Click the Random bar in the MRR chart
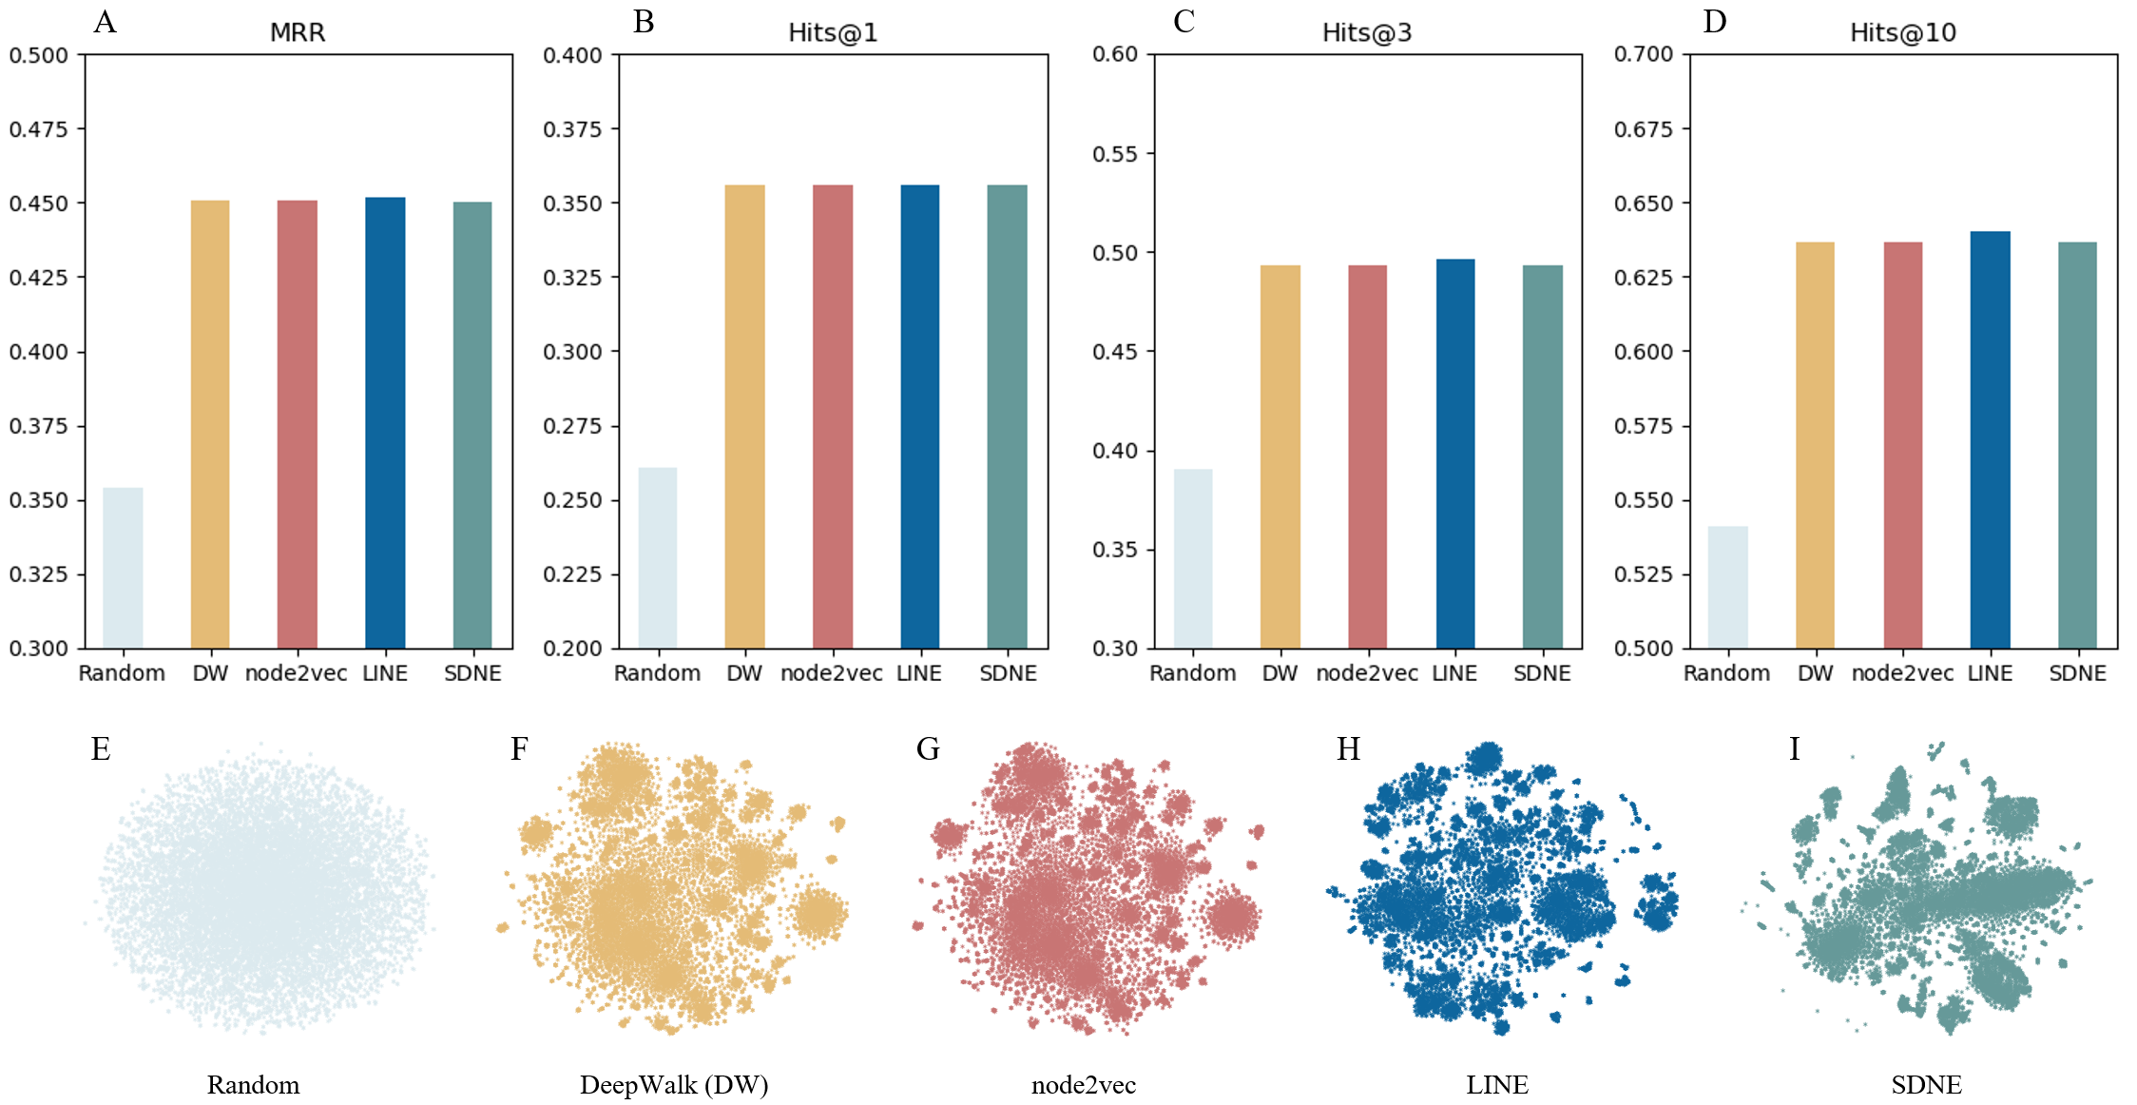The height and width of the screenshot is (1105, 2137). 123,568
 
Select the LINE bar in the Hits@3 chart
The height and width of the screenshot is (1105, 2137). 1454,454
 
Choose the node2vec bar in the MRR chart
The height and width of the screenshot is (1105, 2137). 298,424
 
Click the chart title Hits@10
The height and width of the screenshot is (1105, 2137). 1902,33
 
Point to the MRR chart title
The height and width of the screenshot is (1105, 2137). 298,33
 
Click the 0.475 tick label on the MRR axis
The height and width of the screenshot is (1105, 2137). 39,129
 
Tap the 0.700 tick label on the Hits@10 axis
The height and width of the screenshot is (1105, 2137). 1644,54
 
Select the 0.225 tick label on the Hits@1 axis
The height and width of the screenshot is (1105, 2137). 572,574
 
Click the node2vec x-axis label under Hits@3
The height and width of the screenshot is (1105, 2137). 1367,673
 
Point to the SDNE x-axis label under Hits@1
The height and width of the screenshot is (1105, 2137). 1008,673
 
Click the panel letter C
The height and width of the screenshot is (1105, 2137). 1184,21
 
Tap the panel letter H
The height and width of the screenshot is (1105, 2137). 1348,749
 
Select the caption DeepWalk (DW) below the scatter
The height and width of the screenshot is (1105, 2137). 674,1085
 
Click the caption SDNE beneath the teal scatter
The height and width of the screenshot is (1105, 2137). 1926,1085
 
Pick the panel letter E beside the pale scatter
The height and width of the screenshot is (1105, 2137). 101,749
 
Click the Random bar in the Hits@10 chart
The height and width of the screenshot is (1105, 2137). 1727,587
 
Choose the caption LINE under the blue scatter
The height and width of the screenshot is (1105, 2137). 1497,1085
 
